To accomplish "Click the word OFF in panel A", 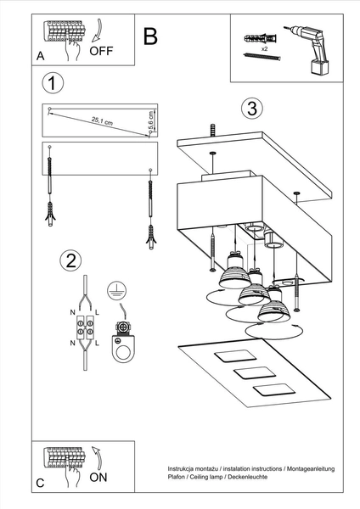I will pos(101,50).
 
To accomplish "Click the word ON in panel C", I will pos(99,478).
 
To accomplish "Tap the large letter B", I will pos(150,36).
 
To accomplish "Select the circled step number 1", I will pos(53,83).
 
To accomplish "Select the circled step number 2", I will pos(72,260).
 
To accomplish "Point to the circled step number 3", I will pos(250,109).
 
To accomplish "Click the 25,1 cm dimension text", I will pos(103,121).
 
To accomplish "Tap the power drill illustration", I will pos(312,47).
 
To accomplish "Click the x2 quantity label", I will pos(265,50).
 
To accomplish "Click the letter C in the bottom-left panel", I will pos(40,484).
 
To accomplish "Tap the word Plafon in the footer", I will pos(177,478).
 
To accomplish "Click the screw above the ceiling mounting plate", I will pos(210,131).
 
